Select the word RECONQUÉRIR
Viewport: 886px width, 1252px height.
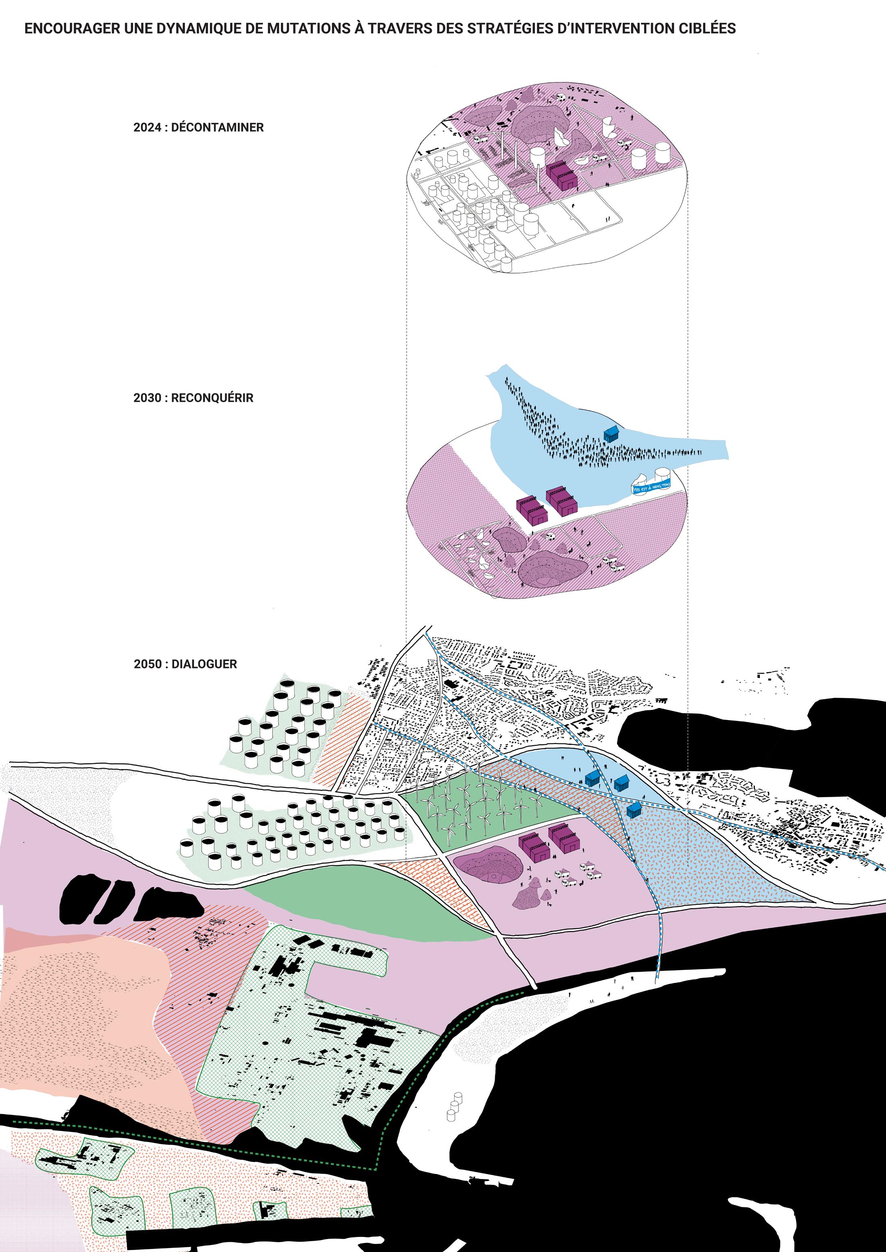point(212,398)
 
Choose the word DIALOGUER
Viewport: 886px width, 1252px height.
point(204,664)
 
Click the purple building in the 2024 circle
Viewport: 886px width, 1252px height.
point(562,177)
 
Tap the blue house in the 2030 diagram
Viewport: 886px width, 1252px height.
point(612,434)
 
